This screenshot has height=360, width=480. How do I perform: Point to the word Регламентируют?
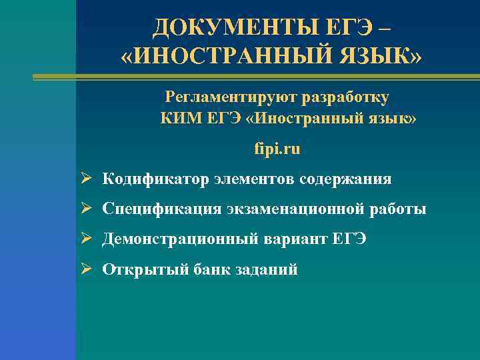click(231, 97)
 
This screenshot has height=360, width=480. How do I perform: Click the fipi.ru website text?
click(277, 149)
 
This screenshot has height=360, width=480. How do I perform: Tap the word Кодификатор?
click(156, 179)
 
